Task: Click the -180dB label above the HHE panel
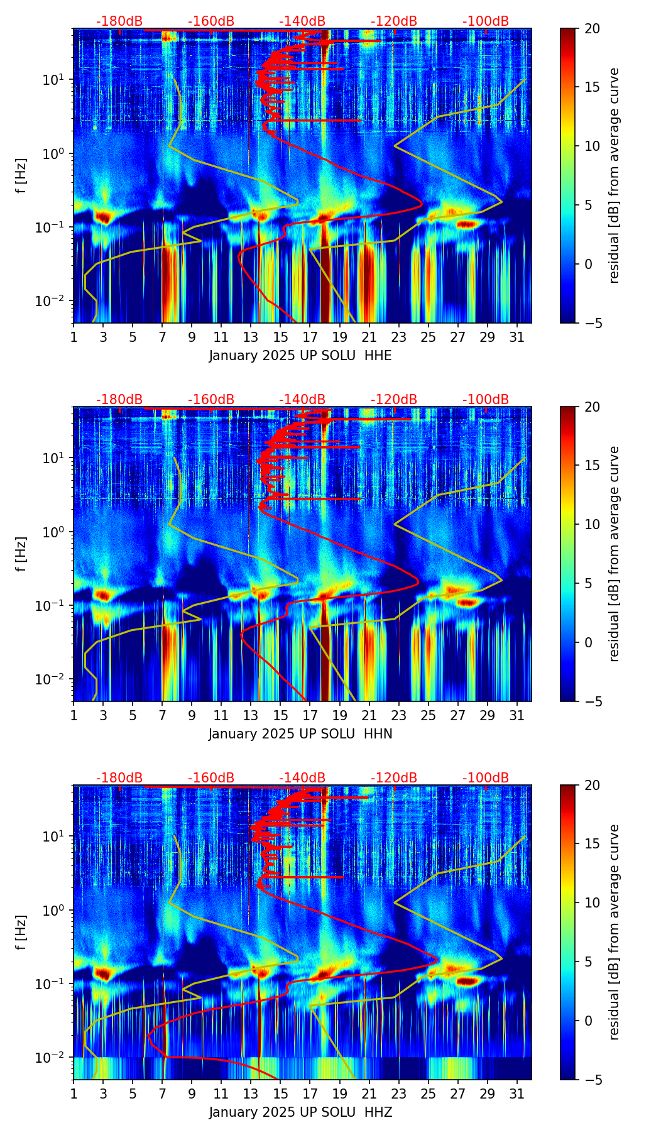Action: coord(119,21)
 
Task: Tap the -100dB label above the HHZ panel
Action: coord(486,778)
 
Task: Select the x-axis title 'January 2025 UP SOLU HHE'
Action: coord(300,356)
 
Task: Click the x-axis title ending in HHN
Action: coord(300,734)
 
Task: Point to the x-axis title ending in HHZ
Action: coord(300,1112)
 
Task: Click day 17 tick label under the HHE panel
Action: coord(310,337)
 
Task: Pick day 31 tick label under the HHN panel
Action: coord(517,715)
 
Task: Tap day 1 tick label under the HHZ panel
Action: coord(74,1094)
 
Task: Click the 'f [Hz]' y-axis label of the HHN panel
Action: coord(21,554)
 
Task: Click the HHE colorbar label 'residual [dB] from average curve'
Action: coord(615,175)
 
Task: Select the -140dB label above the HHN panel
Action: coord(302,400)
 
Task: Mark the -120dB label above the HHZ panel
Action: coord(394,778)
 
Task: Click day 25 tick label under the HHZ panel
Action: coord(429,1094)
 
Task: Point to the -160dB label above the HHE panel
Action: coord(211,21)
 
